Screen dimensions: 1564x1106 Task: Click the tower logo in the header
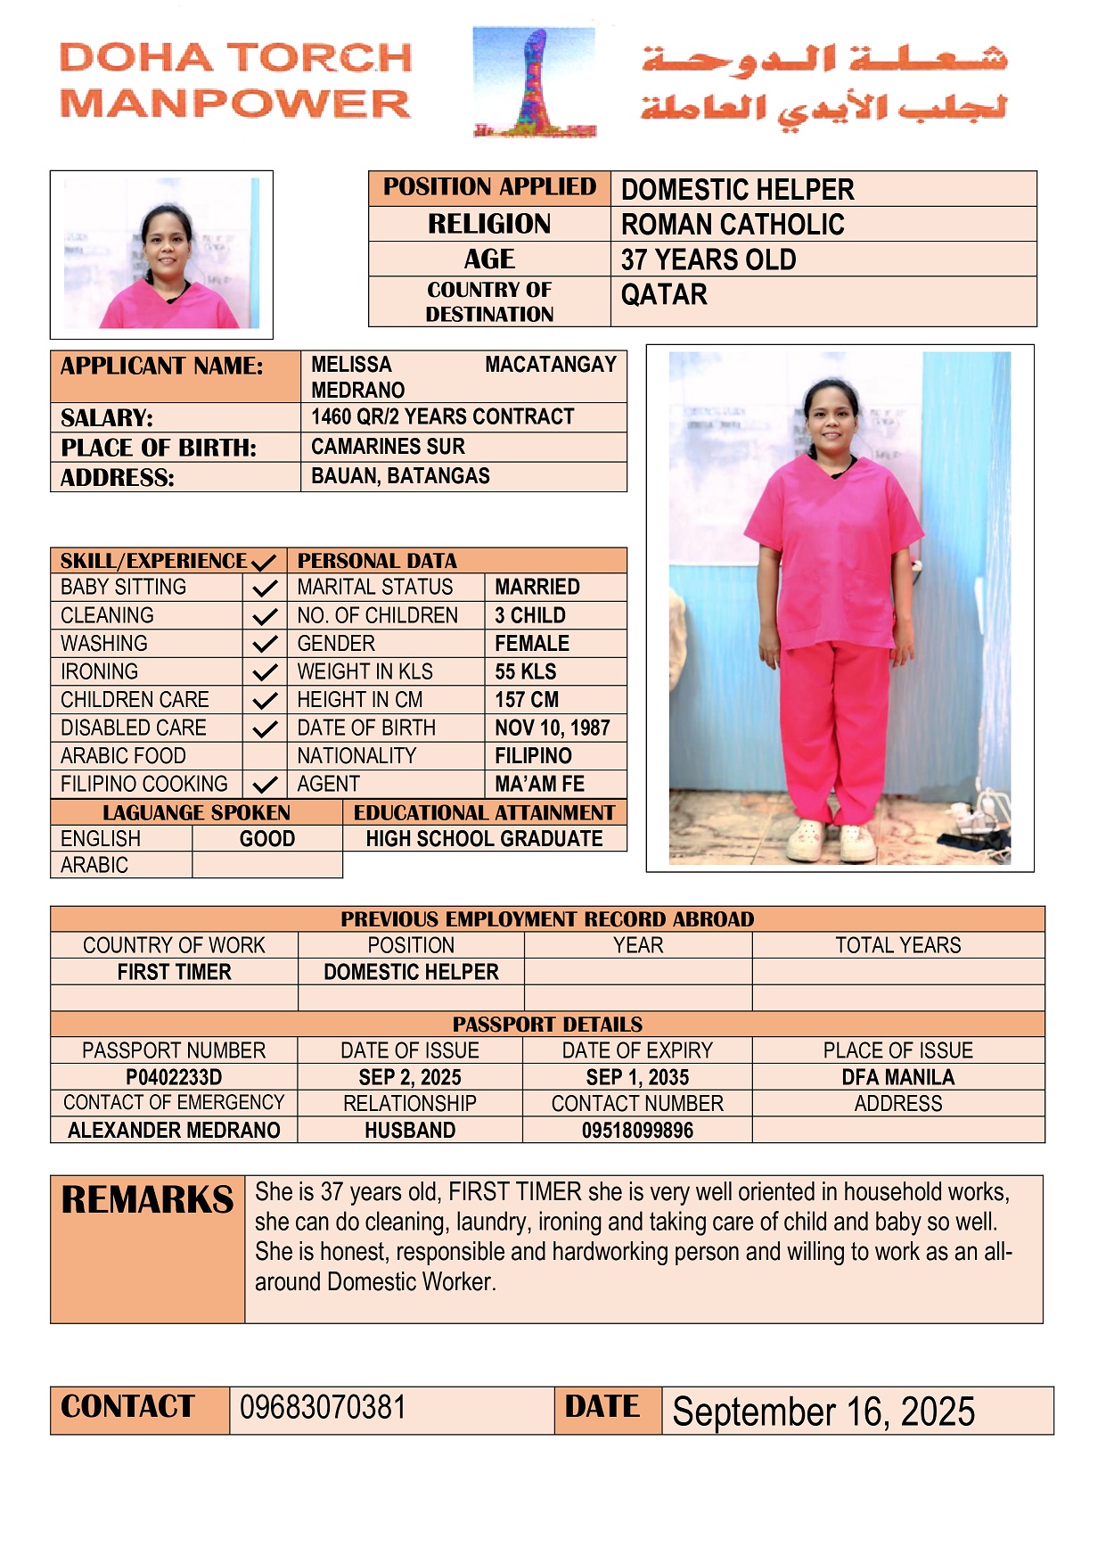(535, 82)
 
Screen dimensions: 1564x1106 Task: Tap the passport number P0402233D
(174, 1077)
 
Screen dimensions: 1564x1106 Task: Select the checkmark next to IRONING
(265, 672)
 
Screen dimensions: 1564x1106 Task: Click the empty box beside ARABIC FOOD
(265, 756)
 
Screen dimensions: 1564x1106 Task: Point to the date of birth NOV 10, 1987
(553, 728)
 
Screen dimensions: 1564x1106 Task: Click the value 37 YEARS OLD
(709, 259)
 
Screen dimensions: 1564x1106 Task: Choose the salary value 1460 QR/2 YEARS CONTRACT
(443, 417)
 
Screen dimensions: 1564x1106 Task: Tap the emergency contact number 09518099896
(637, 1131)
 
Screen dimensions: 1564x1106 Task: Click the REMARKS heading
(148, 1200)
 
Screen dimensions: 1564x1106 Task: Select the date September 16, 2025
(823, 1412)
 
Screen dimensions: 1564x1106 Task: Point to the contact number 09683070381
(323, 1408)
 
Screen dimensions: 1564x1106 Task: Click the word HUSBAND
(410, 1131)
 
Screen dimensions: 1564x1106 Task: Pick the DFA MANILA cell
(898, 1077)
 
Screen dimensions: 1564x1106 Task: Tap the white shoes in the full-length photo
(834, 840)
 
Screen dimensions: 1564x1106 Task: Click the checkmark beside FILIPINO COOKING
(265, 785)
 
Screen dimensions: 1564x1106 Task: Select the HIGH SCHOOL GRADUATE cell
(484, 839)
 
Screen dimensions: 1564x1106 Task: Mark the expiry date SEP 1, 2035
(637, 1077)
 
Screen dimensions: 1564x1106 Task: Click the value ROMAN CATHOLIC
(733, 225)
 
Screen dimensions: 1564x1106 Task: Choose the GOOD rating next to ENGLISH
(267, 839)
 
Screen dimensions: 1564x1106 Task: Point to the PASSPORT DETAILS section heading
(547, 1025)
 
